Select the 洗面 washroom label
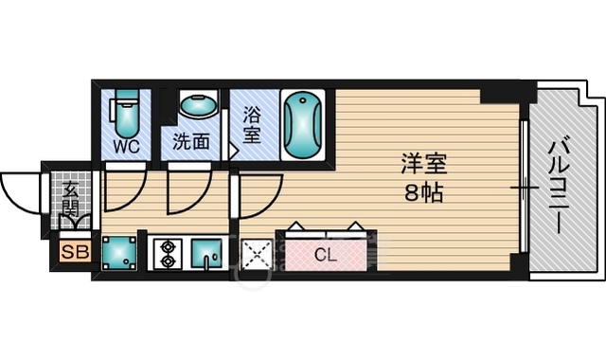point(192,148)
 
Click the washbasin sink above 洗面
point(197,106)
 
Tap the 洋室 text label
point(422,163)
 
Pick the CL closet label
point(325,254)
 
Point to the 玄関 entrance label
point(72,200)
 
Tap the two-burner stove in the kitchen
point(168,255)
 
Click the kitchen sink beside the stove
point(206,255)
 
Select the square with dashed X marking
point(257,255)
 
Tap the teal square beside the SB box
point(119,253)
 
